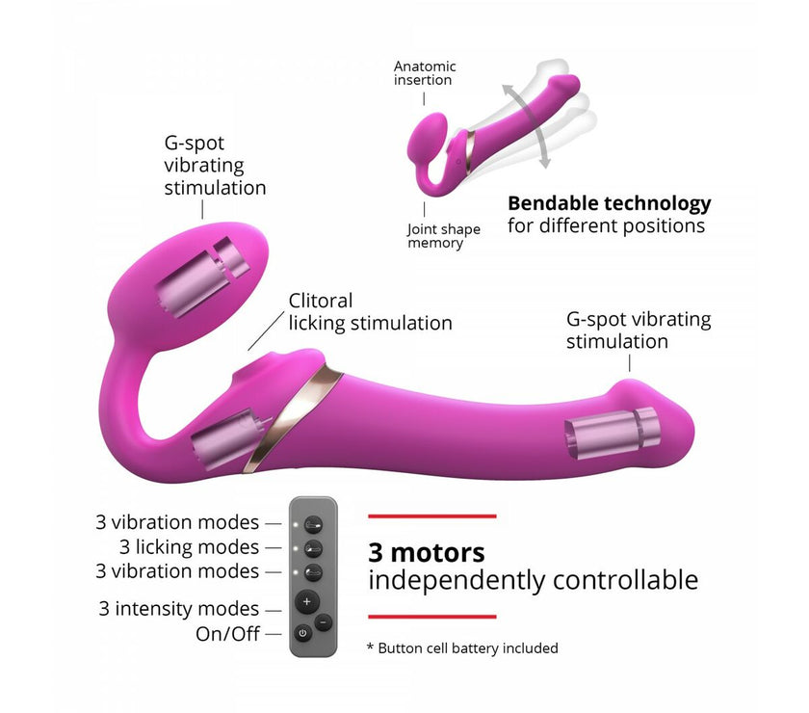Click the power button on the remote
[302, 633]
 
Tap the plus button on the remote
[307, 601]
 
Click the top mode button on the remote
[313, 525]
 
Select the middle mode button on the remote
[313, 548]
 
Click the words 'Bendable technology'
[610, 203]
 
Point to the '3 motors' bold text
[426, 553]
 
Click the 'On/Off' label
[227, 633]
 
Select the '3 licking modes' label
[189, 546]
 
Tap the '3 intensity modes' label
[178, 609]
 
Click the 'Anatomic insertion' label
[425, 73]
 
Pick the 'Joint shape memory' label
[443, 236]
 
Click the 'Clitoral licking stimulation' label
[370, 312]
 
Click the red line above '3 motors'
[432, 516]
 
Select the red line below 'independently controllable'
[432, 617]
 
